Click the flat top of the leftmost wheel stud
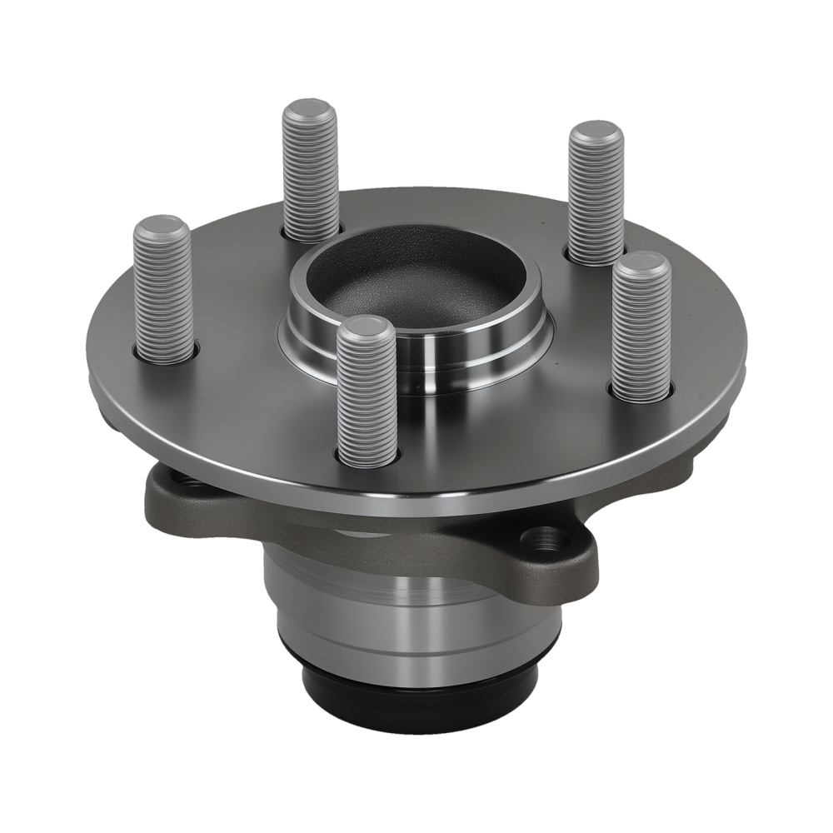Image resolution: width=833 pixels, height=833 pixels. (162, 227)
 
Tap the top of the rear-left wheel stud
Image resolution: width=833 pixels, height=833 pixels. (310, 111)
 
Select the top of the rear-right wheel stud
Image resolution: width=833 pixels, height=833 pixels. (596, 133)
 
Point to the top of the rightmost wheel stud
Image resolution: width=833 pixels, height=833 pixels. (641, 263)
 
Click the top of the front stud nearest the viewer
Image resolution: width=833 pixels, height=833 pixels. (367, 328)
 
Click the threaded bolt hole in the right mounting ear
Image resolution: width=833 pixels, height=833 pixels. (546, 539)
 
